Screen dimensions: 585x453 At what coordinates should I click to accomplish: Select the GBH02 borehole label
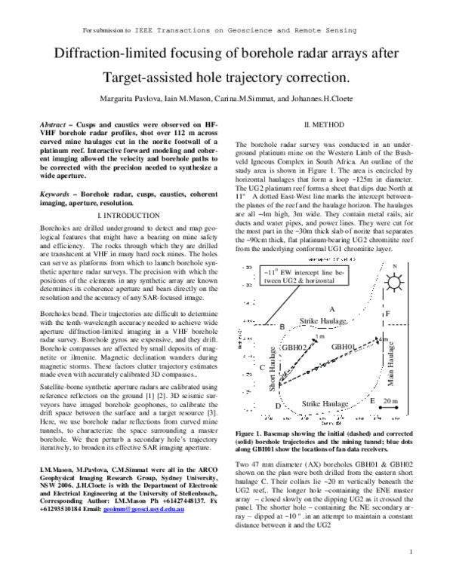[x=292, y=348]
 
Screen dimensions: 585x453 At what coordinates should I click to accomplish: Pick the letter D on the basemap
[x=278, y=406]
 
